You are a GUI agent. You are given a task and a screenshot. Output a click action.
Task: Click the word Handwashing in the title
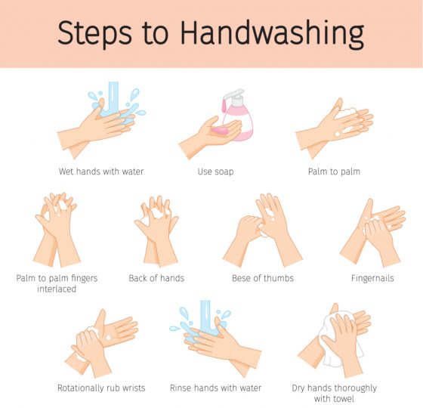click(272, 34)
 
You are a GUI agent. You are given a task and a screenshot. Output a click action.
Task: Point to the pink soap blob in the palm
click(221, 131)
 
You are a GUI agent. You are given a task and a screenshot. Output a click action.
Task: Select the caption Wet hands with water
click(101, 172)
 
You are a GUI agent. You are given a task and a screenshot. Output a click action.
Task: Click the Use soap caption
click(215, 172)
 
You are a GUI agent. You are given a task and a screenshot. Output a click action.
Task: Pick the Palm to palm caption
click(334, 172)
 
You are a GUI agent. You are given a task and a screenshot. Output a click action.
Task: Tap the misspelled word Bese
click(241, 278)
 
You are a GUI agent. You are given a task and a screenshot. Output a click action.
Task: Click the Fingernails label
click(372, 279)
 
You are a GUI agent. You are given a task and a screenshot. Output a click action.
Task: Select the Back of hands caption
click(156, 278)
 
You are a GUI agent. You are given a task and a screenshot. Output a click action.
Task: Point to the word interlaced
click(57, 289)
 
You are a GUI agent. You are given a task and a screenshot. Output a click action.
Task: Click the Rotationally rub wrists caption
click(101, 388)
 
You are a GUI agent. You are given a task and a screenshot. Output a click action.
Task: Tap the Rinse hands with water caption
click(215, 388)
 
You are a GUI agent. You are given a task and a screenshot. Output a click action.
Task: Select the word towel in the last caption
click(344, 399)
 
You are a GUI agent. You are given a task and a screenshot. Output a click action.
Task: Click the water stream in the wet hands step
click(113, 97)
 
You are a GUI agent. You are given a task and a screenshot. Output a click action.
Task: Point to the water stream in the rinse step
click(205, 317)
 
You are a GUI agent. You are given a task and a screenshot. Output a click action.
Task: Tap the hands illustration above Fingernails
click(372, 233)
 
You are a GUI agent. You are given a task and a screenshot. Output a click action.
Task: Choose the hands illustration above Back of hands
click(156, 231)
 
